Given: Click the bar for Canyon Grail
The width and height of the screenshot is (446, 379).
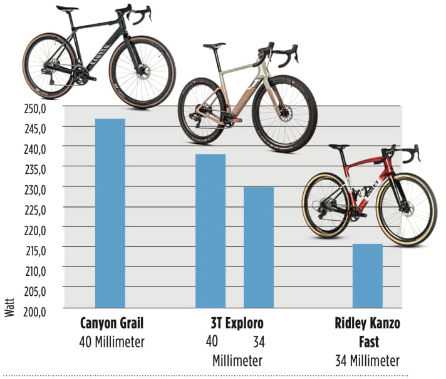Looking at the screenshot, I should [110, 213].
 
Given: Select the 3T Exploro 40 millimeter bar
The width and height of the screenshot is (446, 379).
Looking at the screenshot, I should [210, 231].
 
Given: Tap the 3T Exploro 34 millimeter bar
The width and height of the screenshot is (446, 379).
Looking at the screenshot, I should [259, 247].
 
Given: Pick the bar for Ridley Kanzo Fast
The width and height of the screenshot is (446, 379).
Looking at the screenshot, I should [368, 276].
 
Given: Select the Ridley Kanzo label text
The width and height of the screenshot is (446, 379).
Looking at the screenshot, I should [367, 325].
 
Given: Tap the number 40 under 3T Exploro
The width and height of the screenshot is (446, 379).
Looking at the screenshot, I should [212, 341].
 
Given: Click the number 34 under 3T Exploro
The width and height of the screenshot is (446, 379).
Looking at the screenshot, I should [258, 341].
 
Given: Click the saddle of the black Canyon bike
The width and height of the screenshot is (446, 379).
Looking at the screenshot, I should [66, 9].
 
